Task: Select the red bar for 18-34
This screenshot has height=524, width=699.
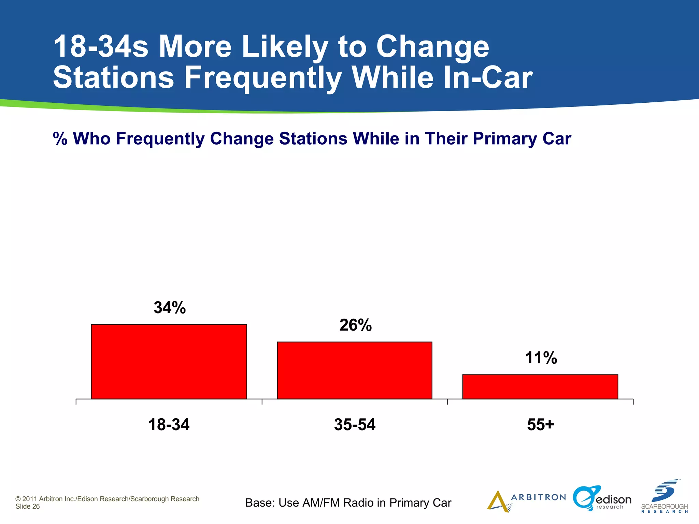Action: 169,362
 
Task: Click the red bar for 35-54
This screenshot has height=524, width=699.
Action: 355,370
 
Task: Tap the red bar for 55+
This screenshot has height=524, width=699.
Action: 540,387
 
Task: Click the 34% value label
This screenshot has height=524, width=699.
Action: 170,308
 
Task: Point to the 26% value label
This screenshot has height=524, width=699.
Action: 355,325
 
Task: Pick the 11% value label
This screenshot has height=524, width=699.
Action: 541,358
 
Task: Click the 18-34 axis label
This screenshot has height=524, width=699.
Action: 169,425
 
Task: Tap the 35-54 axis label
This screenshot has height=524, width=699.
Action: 355,425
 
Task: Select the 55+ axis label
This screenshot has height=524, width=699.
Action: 540,425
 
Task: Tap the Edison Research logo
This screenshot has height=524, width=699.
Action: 602,499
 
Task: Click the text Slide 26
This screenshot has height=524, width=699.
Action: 28,507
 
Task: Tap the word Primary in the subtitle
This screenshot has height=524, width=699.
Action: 505,139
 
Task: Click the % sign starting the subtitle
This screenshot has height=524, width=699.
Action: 60,139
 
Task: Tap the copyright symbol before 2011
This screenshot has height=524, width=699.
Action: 18,499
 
